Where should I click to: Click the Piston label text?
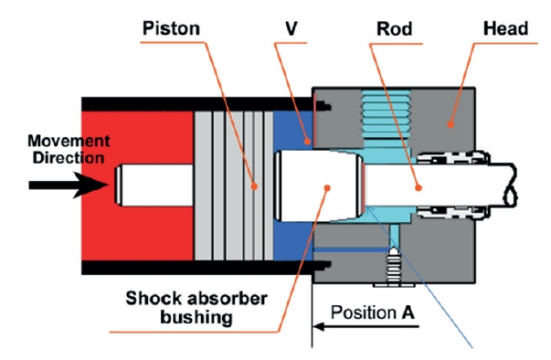(x=171, y=28)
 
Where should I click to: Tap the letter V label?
(x=291, y=28)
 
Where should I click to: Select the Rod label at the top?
(x=394, y=29)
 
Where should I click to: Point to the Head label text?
(x=505, y=28)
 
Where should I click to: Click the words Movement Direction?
(x=69, y=149)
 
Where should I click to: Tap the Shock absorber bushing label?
(x=196, y=308)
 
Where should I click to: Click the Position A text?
(x=373, y=312)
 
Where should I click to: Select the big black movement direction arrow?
(x=69, y=185)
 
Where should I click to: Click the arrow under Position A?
(x=366, y=326)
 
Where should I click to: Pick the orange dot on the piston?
(x=254, y=186)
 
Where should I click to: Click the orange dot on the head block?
(x=450, y=124)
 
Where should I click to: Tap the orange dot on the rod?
(x=419, y=188)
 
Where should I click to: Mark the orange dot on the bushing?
(x=327, y=188)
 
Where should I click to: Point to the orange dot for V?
(x=307, y=142)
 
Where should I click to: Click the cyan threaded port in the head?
(x=387, y=114)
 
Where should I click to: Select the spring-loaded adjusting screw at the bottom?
(x=394, y=267)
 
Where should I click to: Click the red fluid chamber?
(x=137, y=186)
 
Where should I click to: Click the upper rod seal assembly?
(x=453, y=158)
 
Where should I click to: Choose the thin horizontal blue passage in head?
(x=352, y=249)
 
